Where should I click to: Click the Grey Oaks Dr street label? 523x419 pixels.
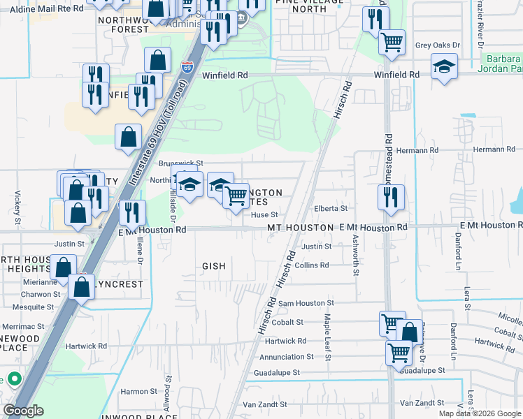[x=438, y=45]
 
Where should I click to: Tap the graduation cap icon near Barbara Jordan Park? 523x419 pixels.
[x=444, y=68]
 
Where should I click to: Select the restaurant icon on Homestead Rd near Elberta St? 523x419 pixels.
[x=391, y=196]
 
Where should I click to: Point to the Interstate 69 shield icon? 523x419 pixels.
[x=187, y=67]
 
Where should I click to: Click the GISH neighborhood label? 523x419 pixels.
[x=214, y=266]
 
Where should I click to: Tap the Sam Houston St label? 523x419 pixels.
[x=306, y=304]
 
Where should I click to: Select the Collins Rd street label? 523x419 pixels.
[x=312, y=265]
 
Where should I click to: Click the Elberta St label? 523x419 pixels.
[x=331, y=208]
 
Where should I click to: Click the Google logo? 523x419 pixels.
[x=23, y=411]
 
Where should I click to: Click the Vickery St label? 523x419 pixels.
[x=17, y=202]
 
